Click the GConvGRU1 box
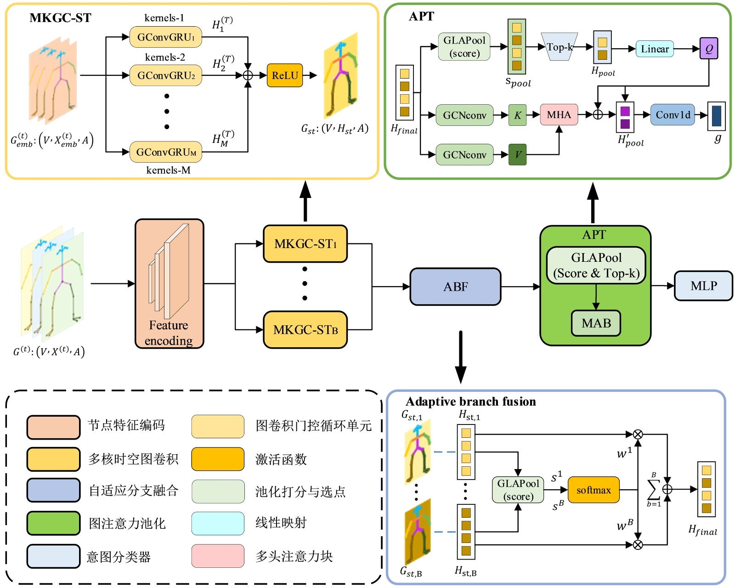165,37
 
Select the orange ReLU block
285,75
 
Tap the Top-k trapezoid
559,47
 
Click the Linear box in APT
655,49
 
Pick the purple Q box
708,49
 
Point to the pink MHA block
559,115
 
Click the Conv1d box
673,115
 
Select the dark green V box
518,154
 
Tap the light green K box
518,115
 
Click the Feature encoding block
169,283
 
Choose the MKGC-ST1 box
305,243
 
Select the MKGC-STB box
305,329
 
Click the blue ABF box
455,287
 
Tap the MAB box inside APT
596,323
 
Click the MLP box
703,286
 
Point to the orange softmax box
594,490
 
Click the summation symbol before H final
653,490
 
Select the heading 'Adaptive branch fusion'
471,401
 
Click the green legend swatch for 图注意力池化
53,523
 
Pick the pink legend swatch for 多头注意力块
218,556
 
